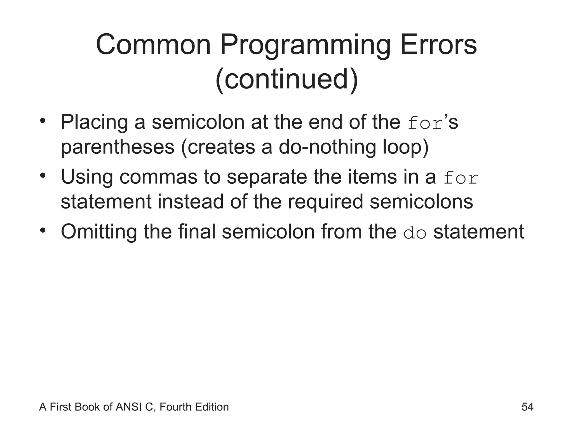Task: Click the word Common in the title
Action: click(x=153, y=45)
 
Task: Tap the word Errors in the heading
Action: click(x=438, y=45)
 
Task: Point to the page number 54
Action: click(x=527, y=407)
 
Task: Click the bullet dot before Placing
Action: click(x=43, y=121)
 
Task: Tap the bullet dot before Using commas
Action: click(x=43, y=176)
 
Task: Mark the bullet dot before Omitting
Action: click(x=43, y=230)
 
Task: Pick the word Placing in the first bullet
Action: click(x=94, y=122)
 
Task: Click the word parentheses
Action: click(x=118, y=147)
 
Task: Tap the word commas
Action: click(x=158, y=177)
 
